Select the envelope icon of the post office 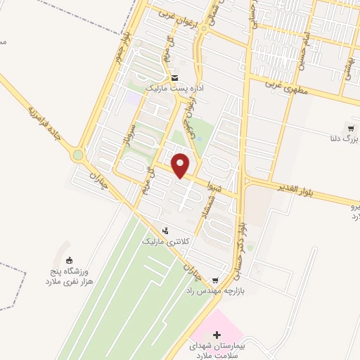point(174,78)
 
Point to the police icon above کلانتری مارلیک point(165,230)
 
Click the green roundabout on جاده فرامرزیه point(77,155)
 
